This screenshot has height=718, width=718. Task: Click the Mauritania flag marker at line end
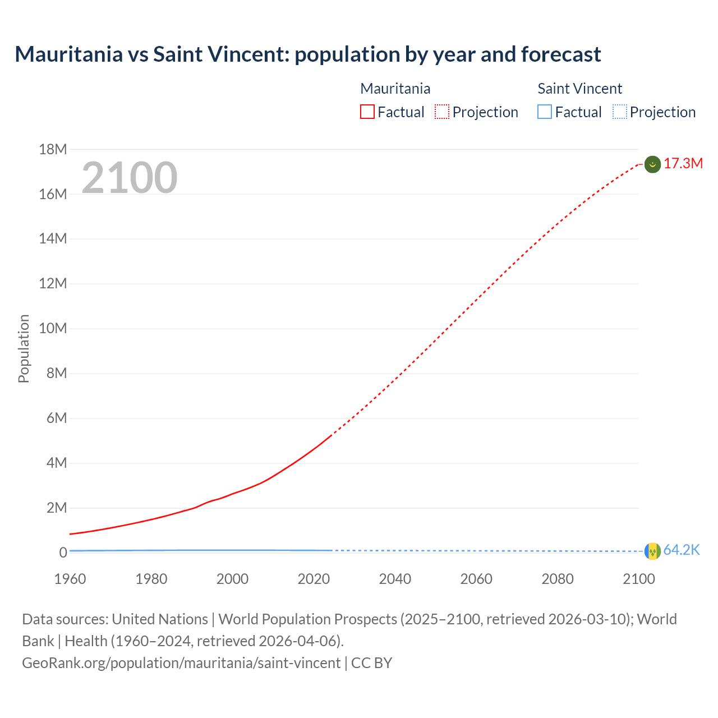(652, 164)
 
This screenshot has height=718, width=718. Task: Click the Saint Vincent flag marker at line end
(652, 551)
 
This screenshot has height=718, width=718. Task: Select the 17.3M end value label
(683, 164)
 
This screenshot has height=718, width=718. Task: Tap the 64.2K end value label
(682, 550)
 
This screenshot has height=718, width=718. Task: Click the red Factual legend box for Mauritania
(367, 112)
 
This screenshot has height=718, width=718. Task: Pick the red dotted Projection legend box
(442, 112)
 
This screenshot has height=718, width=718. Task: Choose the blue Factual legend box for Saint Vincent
(545, 112)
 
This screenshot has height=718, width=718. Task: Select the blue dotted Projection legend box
(620, 112)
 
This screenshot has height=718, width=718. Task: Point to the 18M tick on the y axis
(53, 149)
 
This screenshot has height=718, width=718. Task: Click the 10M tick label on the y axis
(53, 329)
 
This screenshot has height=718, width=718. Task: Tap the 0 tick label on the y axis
(63, 553)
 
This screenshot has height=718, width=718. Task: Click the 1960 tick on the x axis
(70, 579)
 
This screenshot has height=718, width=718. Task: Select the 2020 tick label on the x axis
(314, 579)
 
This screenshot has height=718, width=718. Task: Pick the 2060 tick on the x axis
(476, 579)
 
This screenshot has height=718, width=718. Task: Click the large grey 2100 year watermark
(130, 178)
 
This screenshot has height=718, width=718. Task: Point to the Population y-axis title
(24, 349)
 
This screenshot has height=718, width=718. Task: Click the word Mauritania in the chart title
(69, 54)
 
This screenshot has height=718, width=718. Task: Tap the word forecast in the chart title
(561, 54)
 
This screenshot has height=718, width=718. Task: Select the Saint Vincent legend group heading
(579, 89)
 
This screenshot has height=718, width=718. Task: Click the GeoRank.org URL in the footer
(181, 663)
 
